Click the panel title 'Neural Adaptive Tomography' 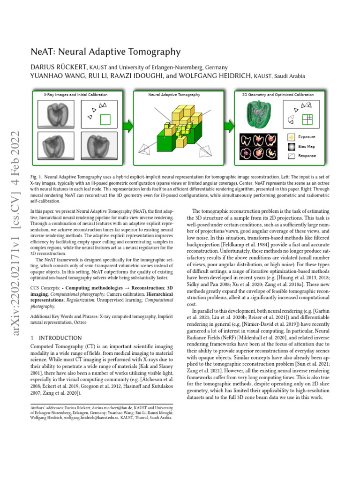(174, 95)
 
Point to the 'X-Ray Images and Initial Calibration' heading (75, 95)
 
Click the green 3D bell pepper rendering (258, 115)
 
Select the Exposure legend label (307, 137)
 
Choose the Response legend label (307, 156)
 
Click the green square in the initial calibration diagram (105, 120)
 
